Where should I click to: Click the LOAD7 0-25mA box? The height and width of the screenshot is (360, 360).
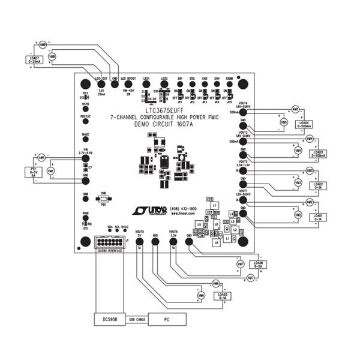pyautogui.click(x=35, y=59)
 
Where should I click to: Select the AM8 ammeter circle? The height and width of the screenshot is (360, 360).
pyautogui.click(x=43, y=45)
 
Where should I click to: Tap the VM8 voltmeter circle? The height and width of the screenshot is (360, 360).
pyautogui.click(x=52, y=56)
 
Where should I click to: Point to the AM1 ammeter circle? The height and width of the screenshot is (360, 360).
pyautogui.click(x=41, y=157)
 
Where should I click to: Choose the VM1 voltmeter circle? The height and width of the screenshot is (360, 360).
pyautogui.click(x=50, y=171)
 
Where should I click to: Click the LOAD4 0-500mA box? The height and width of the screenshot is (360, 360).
pyautogui.click(x=305, y=124)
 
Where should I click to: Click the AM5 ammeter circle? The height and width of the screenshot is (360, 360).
pyautogui.click(x=295, y=109)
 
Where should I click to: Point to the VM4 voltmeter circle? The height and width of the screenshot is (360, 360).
pyautogui.click(x=298, y=151)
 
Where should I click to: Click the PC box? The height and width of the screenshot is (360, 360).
pyautogui.click(x=166, y=320)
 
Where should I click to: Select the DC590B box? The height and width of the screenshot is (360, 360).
pyautogui.click(x=109, y=320)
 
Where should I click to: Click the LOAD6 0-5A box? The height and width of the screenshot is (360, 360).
pyautogui.click(x=258, y=264)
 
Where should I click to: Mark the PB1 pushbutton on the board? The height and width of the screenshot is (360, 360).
pyautogui.click(x=104, y=199)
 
